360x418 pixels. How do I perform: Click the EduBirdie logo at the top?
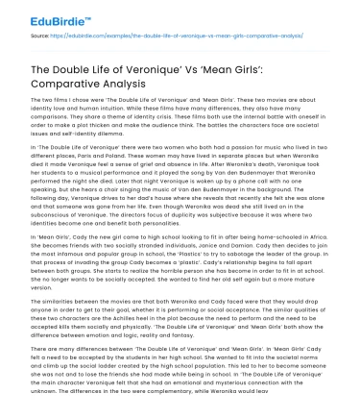40,16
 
